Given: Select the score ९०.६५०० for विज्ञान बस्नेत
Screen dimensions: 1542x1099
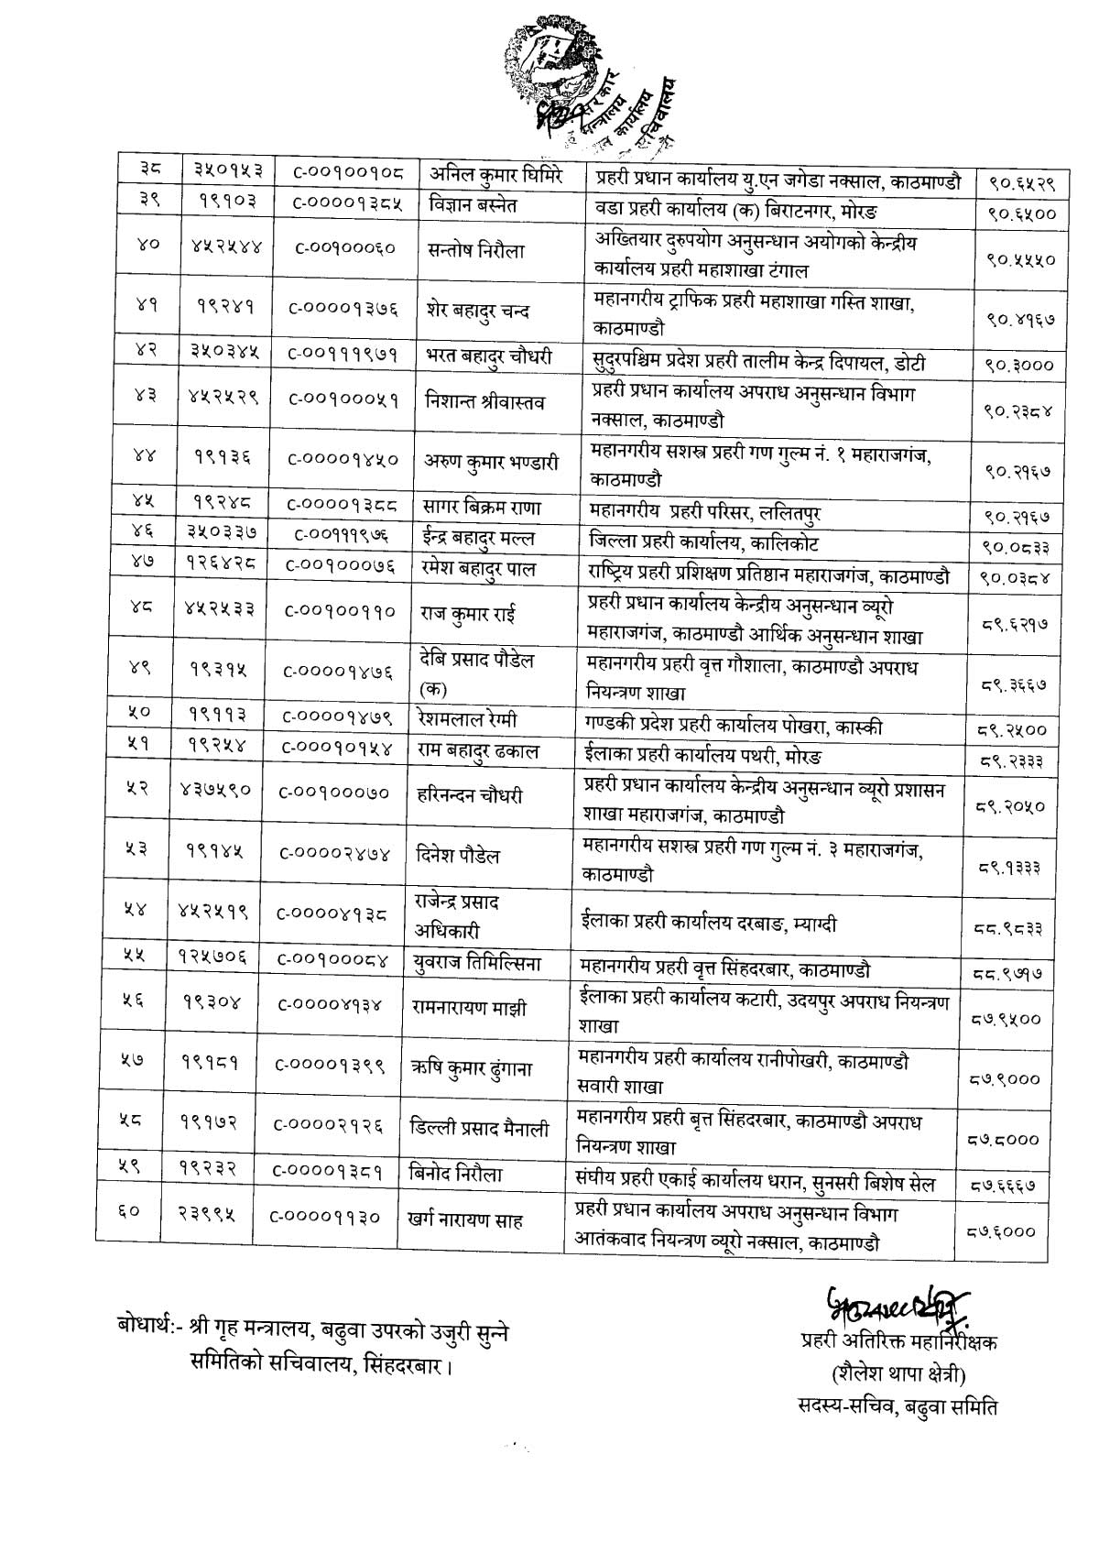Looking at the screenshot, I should [1021, 214].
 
